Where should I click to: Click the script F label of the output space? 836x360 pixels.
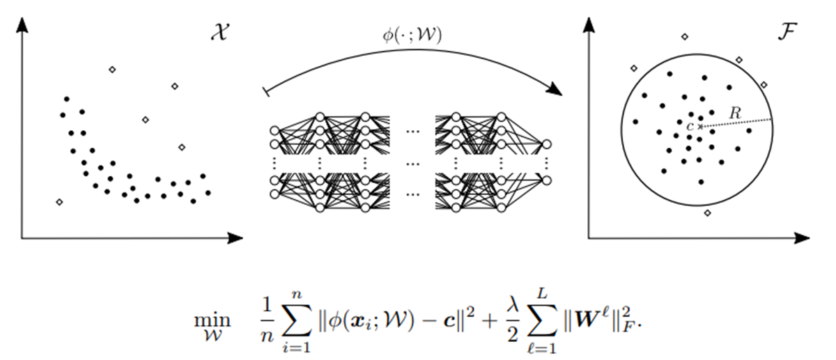pos(784,34)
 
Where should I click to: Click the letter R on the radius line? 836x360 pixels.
pos(734,111)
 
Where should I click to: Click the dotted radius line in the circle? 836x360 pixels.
pos(736,123)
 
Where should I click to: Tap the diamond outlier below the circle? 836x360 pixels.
pos(708,212)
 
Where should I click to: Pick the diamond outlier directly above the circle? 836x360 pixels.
pos(684,36)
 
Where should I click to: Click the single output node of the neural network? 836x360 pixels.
pos(547,144)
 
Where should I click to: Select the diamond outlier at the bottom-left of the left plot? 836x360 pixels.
pos(59,202)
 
